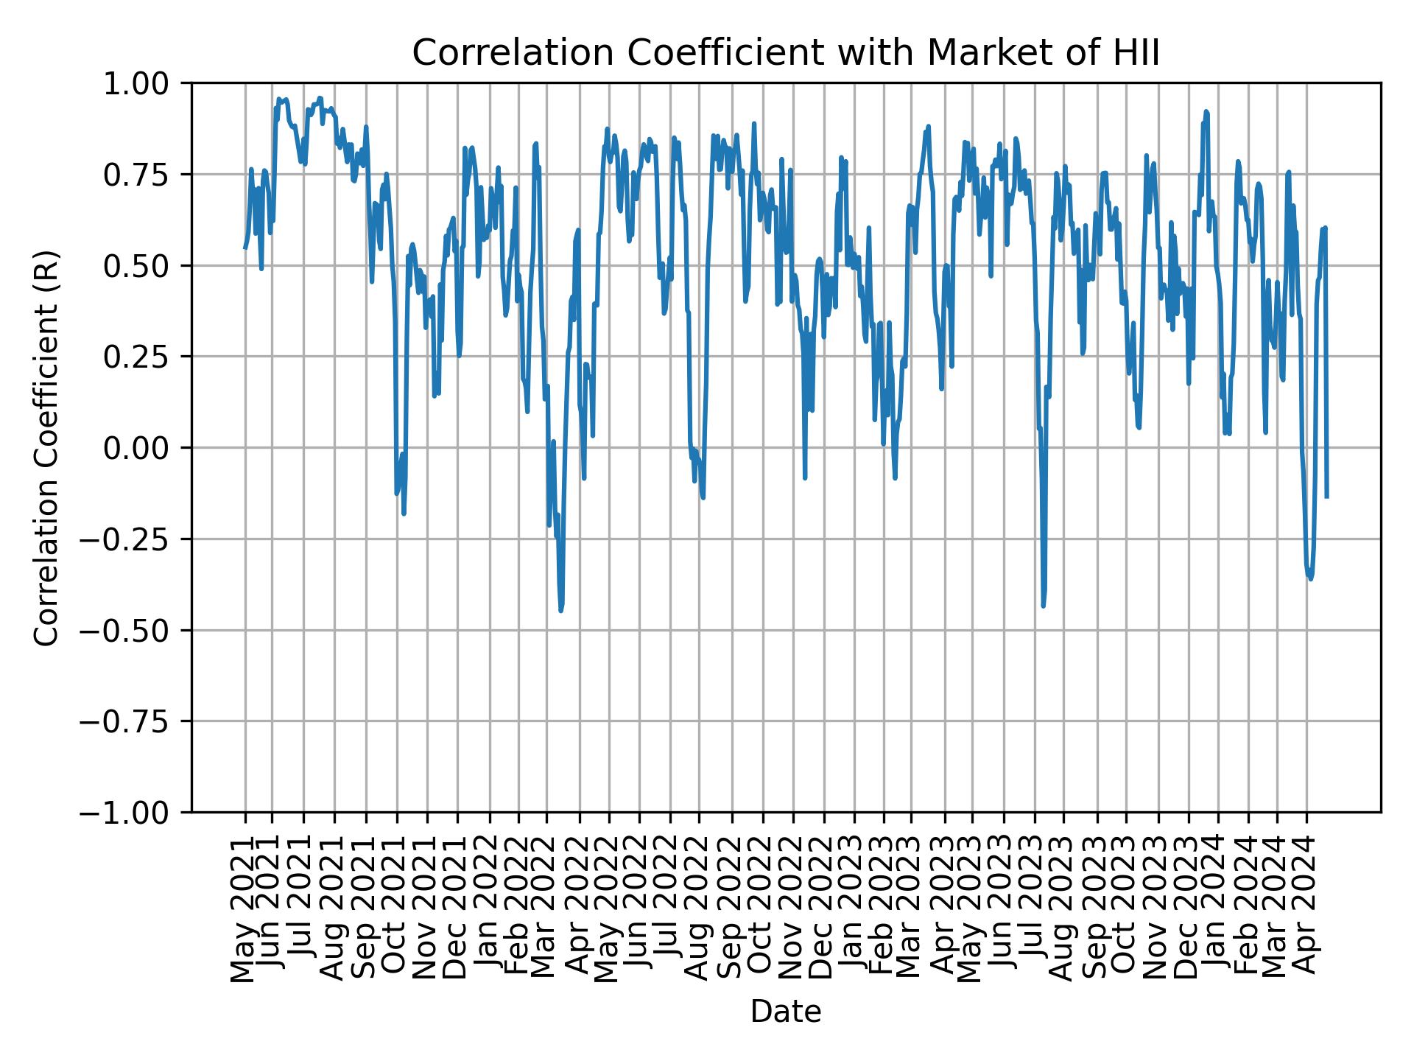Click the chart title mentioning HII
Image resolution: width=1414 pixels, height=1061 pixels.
(x=786, y=53)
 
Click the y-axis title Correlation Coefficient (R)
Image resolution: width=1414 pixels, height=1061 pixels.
(x=46, y=447)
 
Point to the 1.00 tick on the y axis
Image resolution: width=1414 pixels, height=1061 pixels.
(x=146, y=83)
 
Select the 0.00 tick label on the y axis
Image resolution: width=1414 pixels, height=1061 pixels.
(x=146, y=448)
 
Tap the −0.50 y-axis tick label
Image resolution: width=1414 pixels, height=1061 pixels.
(x=136, y=630)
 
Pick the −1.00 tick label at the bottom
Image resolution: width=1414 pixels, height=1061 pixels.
(x=136, y=813)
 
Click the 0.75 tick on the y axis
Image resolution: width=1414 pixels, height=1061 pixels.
(x=146, y=175)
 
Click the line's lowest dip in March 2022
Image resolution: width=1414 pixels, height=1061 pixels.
(x=561, y=610)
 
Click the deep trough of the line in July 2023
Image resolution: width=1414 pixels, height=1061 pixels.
(x=1043, y=606)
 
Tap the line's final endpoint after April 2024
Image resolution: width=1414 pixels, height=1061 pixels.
(x=1326, y=497)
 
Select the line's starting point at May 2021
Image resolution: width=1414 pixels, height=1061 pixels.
(x=245, y=248)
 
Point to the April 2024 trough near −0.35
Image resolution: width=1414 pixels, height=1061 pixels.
(x=1310, y=578)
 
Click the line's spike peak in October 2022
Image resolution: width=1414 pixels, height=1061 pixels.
(x=753, y=124)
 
